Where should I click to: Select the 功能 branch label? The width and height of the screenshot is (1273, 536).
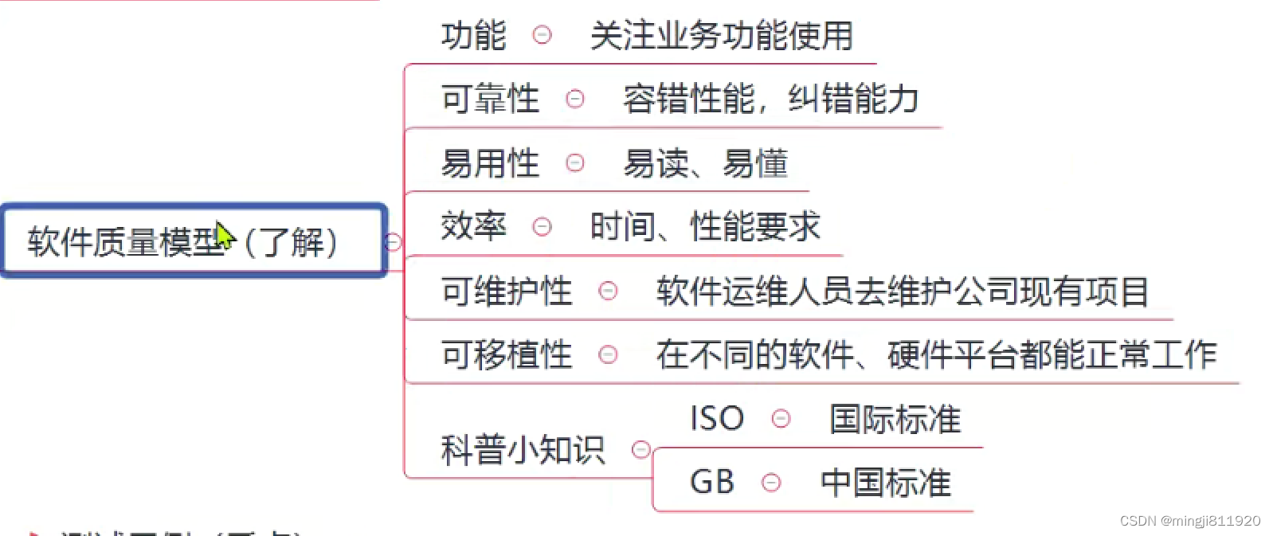tap(473, 36)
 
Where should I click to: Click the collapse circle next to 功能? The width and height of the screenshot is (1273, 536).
tap(542, 35)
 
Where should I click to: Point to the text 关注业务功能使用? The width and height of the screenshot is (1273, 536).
tap(721, 36)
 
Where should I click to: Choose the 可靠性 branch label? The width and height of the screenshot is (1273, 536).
tap(490, 100)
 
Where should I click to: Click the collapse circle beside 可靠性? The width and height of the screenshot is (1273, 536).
tap(574, 99)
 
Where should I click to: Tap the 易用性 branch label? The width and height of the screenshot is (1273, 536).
tap(490, 163)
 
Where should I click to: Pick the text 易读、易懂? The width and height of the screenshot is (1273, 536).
tap(705, 163)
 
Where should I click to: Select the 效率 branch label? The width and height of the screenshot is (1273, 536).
tap(473, 227)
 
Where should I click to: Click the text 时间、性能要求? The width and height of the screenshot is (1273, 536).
tap(705, 227)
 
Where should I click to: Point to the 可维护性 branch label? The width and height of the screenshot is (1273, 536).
tap(507, 291)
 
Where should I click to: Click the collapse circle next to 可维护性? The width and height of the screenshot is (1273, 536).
tap(608, 291)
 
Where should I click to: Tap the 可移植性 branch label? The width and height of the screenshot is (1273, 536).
tap(507, 354)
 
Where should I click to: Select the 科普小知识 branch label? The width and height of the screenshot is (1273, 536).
tap(523, 450)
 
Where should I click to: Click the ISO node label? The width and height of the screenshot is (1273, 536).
tap(717, 418)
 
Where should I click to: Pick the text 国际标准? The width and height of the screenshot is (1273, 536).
tap(895, 419)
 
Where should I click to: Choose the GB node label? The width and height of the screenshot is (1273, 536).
tap(711, 482)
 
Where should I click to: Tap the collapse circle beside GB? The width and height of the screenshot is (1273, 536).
tap(771, 482)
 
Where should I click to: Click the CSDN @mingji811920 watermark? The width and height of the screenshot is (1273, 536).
tap(1189, 521)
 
